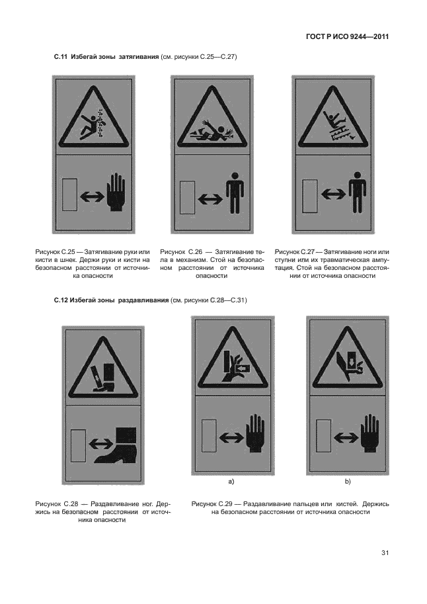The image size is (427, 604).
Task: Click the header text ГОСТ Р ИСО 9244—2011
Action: click(347, 37)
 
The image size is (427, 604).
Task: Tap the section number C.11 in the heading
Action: click(60, 57)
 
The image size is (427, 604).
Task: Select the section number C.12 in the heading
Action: click(60, 300)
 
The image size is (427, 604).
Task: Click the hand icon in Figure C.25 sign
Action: click(116, 193)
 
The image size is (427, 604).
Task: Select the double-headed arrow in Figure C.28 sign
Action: click(101, 444)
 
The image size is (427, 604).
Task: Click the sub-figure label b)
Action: click(347, 482)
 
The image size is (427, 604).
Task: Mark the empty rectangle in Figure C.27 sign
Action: click(309, 196)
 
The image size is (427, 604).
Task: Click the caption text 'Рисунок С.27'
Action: click(295, 252)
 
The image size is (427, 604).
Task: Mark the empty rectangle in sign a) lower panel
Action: click(210, 436)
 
